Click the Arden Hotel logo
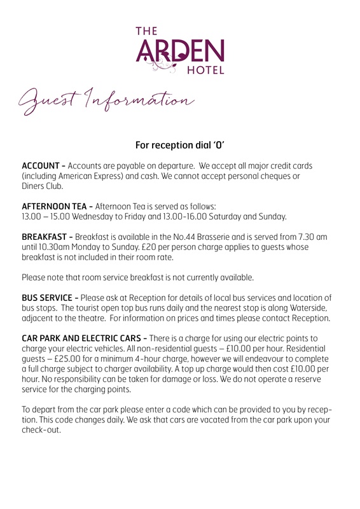(x=179, y=49)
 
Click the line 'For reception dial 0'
(x=179, y=145)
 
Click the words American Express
(x=94, y=176)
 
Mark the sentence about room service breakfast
(x=137, y=277)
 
